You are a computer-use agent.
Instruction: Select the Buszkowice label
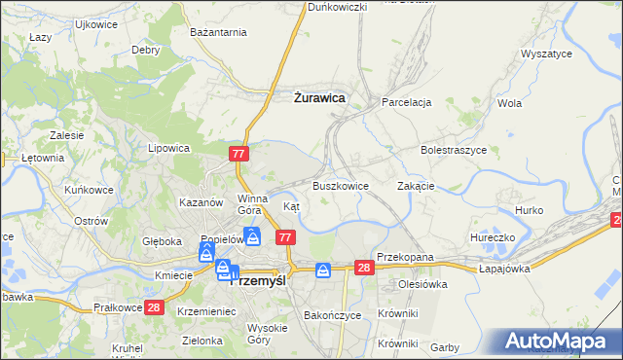tap(341, 185)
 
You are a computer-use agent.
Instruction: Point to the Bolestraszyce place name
tap(454, 151)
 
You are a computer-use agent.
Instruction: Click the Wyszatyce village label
tap(546, 54)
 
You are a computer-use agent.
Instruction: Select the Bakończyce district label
tap(333, 315)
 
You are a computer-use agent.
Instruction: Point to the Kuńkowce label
tap(88, 189)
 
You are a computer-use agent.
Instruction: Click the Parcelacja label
tap(406, 101)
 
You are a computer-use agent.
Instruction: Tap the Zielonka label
tap(202, 342)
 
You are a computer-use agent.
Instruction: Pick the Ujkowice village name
tap(95, 23)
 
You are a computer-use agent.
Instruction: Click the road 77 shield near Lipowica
tap(240, 154)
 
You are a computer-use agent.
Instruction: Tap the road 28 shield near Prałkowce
tap(154, 307)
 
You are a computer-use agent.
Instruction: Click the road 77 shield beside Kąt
tap(285, 237)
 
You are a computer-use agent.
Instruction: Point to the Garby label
tap(445, 347)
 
